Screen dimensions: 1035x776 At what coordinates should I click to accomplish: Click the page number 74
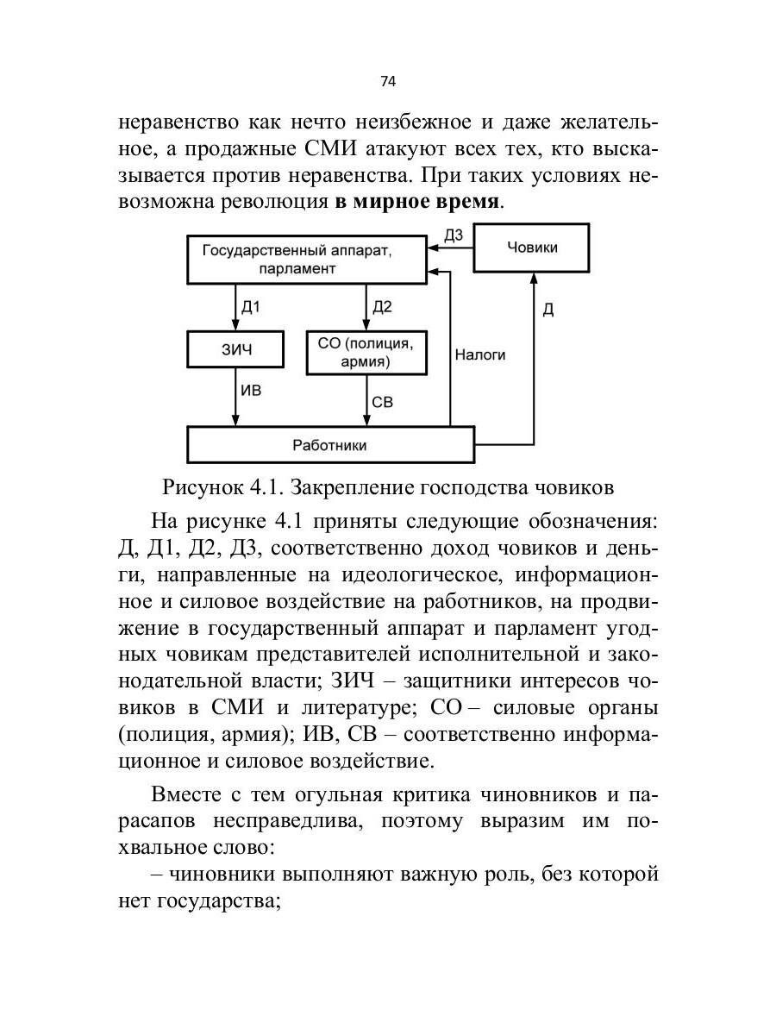pos(387,81)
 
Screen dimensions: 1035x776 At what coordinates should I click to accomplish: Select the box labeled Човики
pos(531,248)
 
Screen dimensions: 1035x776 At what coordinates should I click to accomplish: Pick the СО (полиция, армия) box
pos(366,351)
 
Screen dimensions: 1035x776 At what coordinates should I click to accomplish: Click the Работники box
pos(330,445)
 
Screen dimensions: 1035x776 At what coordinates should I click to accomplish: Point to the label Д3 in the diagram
pos(454,234)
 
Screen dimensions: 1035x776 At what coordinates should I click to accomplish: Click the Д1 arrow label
pos(250,307)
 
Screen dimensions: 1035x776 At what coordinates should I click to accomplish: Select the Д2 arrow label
pos(381,307)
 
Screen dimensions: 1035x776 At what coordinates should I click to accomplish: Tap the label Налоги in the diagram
pos(480,354)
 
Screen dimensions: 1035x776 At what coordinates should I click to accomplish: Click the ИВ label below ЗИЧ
pos(251,391)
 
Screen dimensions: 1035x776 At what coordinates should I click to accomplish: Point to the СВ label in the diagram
pos(382,401)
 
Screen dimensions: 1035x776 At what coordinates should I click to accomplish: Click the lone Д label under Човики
pos(548,310)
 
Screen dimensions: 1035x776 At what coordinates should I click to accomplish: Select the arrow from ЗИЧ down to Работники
pos(236,399)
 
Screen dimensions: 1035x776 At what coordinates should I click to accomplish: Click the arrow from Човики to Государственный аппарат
pos(450,248)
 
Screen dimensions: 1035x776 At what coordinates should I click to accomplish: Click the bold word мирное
pos(394,204)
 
